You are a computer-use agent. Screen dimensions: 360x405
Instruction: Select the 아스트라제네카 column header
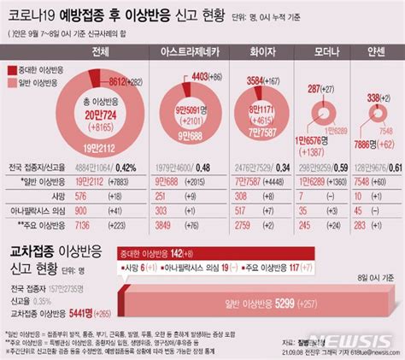coord(185,53)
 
